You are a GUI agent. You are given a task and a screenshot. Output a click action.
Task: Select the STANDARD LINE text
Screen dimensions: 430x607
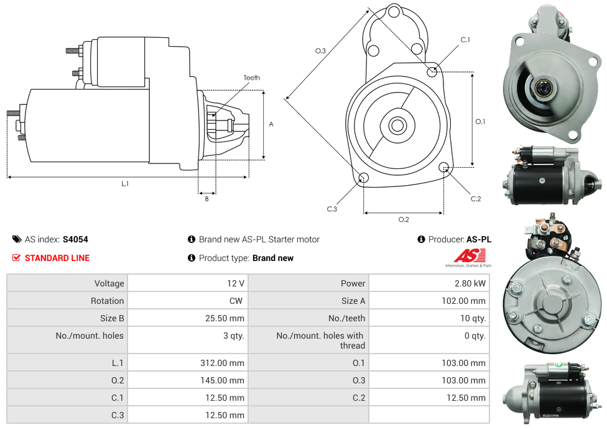(x=57, y=258)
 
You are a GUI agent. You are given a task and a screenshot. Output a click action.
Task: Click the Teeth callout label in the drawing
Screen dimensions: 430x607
(x=252, y=78)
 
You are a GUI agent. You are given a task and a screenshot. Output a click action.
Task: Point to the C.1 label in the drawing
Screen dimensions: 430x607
(x=465, y=40)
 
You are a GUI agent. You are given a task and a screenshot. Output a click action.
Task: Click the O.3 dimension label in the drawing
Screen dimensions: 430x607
(x=321, y=51)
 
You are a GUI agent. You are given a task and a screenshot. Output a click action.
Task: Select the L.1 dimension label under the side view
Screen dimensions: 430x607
(x=125, y=183)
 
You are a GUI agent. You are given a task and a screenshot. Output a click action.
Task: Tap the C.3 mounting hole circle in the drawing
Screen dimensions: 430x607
(x=364, y=179)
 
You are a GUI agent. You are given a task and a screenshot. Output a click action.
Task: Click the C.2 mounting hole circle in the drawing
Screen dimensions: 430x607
(x=444, y=167)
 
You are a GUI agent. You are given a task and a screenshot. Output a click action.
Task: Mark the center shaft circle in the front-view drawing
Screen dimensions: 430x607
(x=397, y=126)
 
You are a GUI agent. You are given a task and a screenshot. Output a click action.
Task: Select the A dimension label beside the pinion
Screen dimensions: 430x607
(x=271, y=124)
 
